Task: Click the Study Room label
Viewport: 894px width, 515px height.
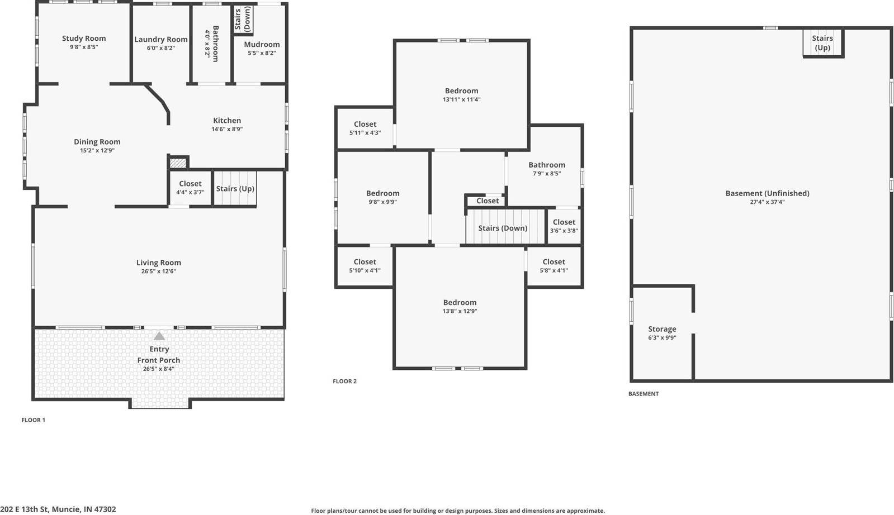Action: pos(84,39)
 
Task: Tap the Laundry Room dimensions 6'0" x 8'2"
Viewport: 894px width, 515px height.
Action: pos(160,48)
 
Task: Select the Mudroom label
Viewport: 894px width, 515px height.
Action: pos(262,45)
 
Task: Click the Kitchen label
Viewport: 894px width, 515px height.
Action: pos(227,121)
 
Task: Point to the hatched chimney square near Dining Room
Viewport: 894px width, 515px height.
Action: pos(178,163)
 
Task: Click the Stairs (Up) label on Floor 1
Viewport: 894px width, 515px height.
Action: pos(235,189)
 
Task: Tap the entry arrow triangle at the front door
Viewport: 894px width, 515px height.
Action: pos(159,336)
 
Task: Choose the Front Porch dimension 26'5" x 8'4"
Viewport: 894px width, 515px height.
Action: pos(159,369)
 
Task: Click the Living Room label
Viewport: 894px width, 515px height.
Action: pos(159,263)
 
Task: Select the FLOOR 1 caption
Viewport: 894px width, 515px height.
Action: pos(34,420)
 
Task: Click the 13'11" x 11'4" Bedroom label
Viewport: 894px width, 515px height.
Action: pos(461,91)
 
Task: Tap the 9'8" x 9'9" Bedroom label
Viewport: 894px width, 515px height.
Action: pos(382,194)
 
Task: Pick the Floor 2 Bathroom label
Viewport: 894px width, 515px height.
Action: pos(547,165)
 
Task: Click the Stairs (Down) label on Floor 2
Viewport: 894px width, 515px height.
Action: pos(503,228)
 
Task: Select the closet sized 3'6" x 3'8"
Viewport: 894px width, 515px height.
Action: pos(564,226)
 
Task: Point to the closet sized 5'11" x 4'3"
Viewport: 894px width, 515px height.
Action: pos(365,128)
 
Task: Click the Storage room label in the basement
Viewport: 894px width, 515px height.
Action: pos(662,330)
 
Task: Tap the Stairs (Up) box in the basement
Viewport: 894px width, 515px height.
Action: pos(822,43)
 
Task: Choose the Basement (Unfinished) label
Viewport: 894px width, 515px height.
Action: pos(767,193)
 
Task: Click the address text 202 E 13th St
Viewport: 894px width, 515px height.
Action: pos(59,509)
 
